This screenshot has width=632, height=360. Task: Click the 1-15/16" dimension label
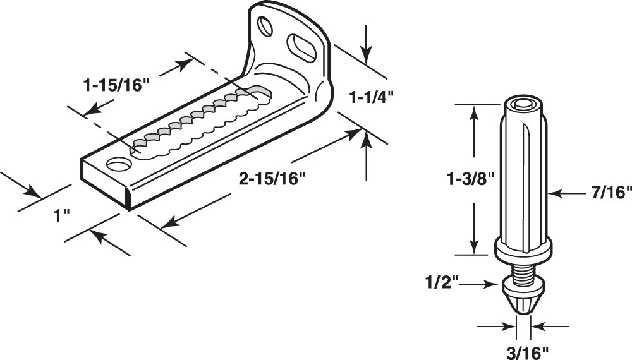(116, 85)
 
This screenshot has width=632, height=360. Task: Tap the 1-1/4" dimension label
(371, 97)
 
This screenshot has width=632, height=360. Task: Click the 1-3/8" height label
(470, 179)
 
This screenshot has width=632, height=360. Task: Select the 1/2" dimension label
(442, 282)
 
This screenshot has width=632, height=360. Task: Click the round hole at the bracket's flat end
(119, 165)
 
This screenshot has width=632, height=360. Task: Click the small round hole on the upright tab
(265, 26)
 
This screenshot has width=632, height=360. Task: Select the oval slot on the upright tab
(301, 49)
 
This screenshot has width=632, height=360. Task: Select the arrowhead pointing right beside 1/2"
(491, 284)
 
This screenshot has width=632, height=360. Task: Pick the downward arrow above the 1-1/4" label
(365, 44)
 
